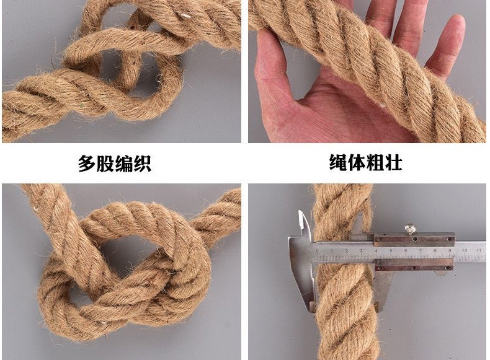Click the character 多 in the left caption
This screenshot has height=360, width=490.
point(87,164)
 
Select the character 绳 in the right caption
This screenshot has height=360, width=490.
point(338,163)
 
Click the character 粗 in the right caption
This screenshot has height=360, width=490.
point(375,163)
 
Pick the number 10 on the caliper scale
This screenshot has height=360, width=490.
point(465,250)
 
